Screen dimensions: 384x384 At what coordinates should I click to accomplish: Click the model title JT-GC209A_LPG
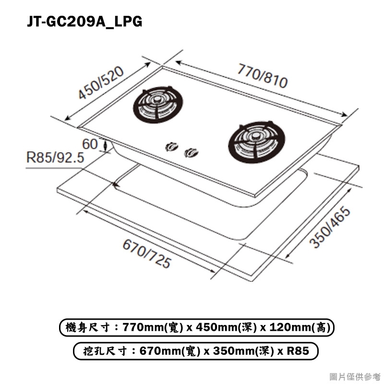pos(84,21)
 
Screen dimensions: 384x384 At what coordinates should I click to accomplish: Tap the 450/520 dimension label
pos(101,83)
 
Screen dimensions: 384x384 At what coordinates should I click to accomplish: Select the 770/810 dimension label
pos(262,76)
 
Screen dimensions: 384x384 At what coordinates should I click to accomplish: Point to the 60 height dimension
pos(90,144)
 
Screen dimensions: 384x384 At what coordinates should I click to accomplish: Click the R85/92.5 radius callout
pos(55,157)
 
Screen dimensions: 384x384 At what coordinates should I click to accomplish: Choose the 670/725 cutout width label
pos(146,254)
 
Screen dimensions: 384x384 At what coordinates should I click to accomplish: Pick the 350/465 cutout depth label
pos(330,227)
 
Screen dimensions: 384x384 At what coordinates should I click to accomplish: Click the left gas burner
pos(158,105)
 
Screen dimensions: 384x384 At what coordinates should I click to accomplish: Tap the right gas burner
pos(257,142)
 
